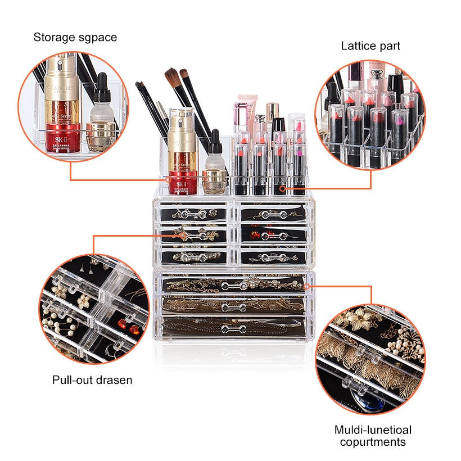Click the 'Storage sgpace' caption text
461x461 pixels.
click(75, 38)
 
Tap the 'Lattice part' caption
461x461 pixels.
click(370, 46)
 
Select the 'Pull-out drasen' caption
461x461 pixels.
click(92, 380)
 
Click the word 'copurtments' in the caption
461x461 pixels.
click(373, 442)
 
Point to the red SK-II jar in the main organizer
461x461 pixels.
click(183, 182)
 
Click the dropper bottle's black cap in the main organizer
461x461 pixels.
click(215, 141)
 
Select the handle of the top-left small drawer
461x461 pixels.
click(193, 214)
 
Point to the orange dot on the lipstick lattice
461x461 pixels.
click(283, 188)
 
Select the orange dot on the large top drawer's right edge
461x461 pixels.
click(306, 286)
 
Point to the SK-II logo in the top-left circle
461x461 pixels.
click(59, 139)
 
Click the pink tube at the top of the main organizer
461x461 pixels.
click(247, 113)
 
